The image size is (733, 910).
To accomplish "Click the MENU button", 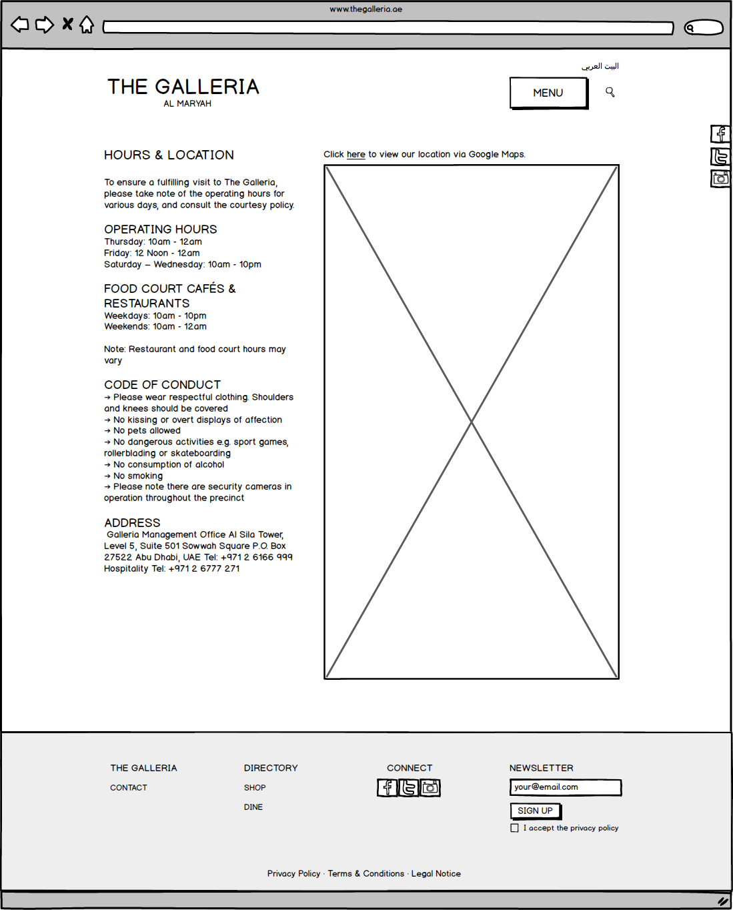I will point(548,93).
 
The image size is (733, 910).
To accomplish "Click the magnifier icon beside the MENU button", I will point(610,92).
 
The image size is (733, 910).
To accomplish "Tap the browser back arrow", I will point(20,25).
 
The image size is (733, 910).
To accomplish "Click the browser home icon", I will point(87,25).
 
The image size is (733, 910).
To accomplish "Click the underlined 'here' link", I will point(355,155).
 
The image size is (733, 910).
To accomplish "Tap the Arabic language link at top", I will point(600,66).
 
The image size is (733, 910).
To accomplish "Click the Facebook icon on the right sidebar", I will point(720,134).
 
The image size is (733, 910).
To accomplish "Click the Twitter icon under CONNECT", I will point(409,788).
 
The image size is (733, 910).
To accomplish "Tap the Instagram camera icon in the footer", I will point(430,788).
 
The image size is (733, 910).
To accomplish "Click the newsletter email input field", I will point(565,787).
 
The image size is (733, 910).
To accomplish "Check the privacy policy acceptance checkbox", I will point(514,828).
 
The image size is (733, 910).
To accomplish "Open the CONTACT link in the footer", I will point(129,788).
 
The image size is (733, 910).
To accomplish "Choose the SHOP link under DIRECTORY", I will point(255,788).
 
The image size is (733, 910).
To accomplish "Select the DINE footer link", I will point(253,807).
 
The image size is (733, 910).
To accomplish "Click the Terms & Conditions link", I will point(365,874).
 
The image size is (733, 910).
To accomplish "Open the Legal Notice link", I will point(436,874).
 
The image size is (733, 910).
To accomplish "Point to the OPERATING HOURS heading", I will point(161,230).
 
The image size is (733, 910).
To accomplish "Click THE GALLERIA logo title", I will point(183,87).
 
